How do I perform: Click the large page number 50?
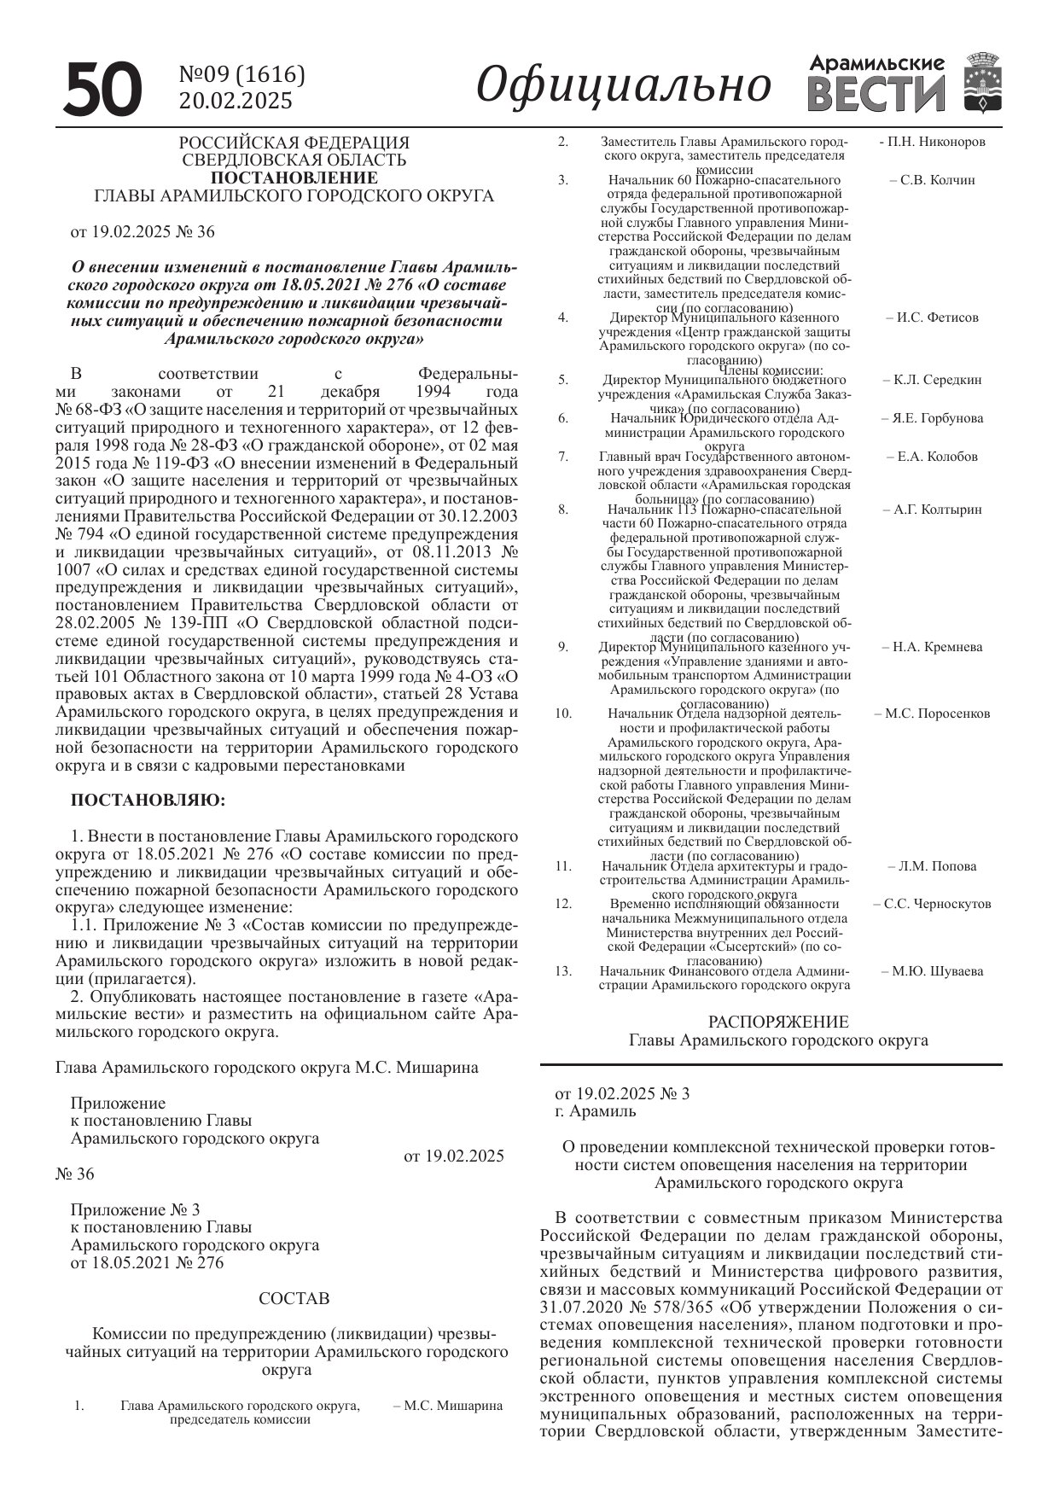click(102, 89)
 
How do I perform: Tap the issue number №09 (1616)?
click(241, 75)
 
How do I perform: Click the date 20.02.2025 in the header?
click(236, 101)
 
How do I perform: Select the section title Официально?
click(623, 85)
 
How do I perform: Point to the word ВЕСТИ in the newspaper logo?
click(876, 94)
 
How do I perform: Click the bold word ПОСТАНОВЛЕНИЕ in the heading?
click(294, 178)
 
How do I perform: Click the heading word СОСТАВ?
click(294, 1299)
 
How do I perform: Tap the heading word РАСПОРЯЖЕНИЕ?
click(778, 1022)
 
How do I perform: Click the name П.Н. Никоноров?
click(932, 142)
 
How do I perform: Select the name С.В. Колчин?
click(932, 180)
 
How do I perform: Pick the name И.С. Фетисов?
click(932, 317)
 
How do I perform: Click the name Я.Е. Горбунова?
click(932, 418)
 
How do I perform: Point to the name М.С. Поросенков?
click(932, 714)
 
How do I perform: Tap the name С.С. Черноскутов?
click(932, 904)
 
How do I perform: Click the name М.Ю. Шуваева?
click(932, 971)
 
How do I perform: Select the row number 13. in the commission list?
click(562, 971)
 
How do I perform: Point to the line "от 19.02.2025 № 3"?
click(622, 1093)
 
